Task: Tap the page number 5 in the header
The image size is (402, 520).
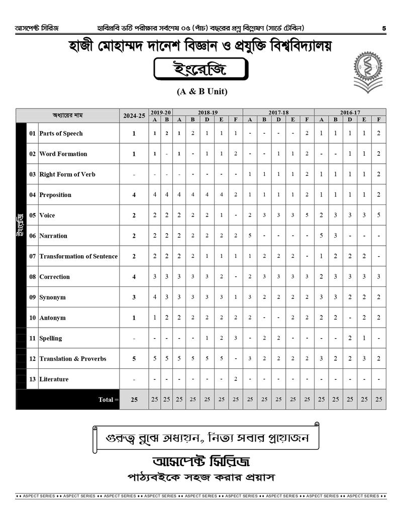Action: click(x=384, y=28)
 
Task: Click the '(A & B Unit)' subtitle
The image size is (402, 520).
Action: click(x=202, y=91)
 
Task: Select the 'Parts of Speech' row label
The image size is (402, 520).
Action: click(x=61, y=134)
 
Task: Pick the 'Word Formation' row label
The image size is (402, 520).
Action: click(x=63, y=154)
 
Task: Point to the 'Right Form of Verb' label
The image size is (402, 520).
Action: click(x=67, y=174)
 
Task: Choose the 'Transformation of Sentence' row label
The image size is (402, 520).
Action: click(x=78, y=256)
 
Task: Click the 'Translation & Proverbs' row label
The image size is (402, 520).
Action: click(x=73, y=359)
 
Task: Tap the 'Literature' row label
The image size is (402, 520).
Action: click(x=54, y=379)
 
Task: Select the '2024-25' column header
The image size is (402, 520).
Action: click(x=134, y=116)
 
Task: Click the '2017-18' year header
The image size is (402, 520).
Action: click(x=278, y=113)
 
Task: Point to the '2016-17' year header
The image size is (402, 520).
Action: click(x=350, y=113)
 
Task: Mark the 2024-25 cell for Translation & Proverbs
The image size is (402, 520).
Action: click(x=134, y=359)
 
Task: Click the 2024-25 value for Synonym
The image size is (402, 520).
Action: click(x=134, y=297)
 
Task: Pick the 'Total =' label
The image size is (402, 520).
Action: click(x=109, y=399)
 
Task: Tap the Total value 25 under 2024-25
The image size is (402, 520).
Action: click(x=134, y=399)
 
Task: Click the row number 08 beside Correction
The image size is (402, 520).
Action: click(x=32, y=277)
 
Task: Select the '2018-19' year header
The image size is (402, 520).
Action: click(x=208, y=113)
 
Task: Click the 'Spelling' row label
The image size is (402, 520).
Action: click(x=51, y=339)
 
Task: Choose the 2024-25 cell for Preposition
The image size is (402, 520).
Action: click(x=134, y=195)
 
